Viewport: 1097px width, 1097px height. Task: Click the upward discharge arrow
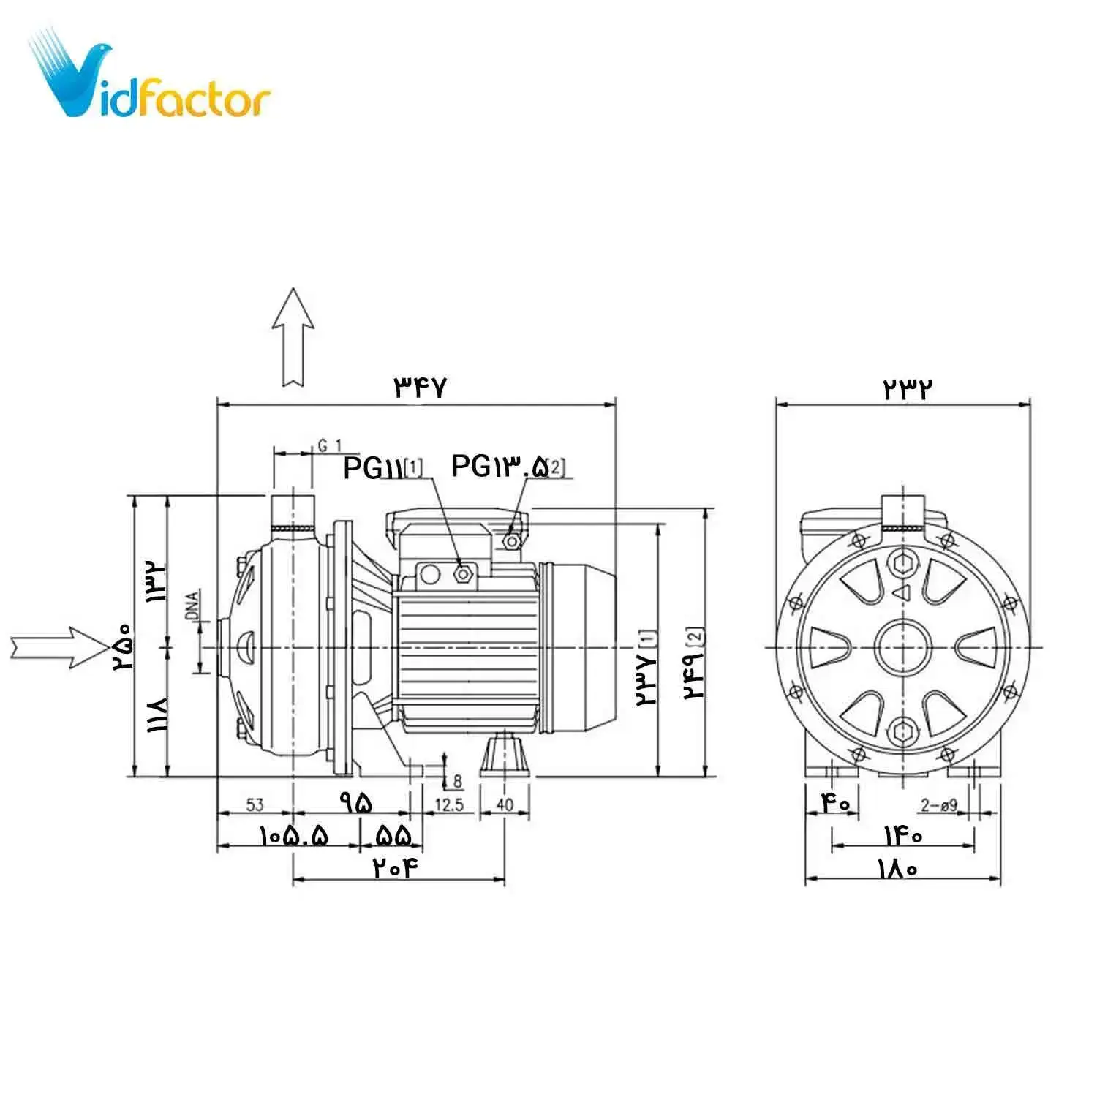293,337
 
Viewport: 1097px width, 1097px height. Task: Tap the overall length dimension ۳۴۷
420,386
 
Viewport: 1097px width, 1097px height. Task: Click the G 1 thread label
330,445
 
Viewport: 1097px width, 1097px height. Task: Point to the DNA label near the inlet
192,606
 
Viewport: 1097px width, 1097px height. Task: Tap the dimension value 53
255,805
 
